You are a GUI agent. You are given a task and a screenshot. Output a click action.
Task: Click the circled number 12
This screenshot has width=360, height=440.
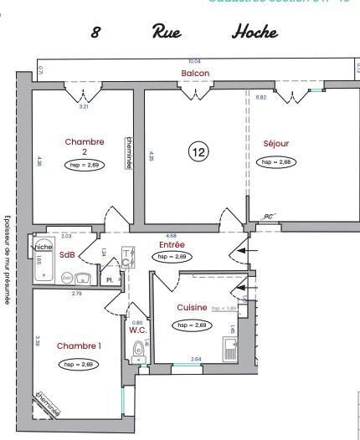point(198,152)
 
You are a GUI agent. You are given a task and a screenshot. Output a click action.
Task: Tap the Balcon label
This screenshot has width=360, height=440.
point(195,74)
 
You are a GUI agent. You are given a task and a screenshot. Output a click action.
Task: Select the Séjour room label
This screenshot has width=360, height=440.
point(275,143)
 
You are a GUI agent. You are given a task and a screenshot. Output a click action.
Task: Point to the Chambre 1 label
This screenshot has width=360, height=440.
point(79,345)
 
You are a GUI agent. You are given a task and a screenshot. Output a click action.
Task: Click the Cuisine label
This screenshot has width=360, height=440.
point(192,308)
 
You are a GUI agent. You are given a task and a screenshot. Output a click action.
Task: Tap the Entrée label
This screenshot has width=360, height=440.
point(171,245)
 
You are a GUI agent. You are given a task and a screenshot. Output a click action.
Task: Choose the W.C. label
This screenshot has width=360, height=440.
point(139,330)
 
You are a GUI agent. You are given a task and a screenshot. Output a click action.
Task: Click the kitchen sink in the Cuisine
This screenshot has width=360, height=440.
point(230,349)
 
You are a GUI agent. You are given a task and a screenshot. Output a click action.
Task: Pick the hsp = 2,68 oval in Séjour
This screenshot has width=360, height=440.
point(275,161)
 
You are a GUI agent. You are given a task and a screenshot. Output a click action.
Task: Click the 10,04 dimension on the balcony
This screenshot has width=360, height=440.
point(194,62)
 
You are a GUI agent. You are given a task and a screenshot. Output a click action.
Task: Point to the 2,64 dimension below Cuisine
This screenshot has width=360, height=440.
point(197,360)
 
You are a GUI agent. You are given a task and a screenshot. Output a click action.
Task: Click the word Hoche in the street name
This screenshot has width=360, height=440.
point(255,33)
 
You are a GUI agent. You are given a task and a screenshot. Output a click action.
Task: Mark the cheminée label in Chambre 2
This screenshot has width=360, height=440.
point(129,152)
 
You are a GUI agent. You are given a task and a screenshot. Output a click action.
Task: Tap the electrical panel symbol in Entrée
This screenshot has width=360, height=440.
point(127,257)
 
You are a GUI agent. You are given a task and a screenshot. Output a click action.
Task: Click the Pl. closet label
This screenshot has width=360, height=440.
point(109,279)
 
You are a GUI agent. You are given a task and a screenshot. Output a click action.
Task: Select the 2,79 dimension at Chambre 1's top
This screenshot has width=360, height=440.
point(76,293)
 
